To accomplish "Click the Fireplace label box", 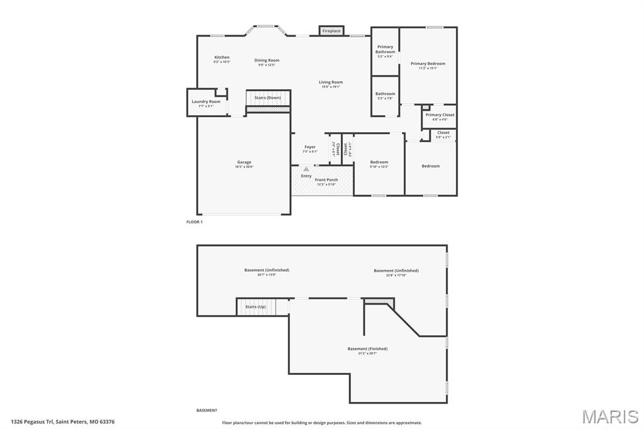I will click(x=331, y=31).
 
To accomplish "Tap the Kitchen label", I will click(x=221, y=57).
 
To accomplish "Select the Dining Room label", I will click(x=267, y=60).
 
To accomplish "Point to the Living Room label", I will click(x=331, y=82).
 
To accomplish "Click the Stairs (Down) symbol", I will click(x=268, y=98).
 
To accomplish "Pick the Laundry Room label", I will click(x=206, y=101).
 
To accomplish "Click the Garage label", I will click(x=244, y=162).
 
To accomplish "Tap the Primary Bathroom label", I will click(x=385, y=49).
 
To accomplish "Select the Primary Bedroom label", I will click(x=428, y=64).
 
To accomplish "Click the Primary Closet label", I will click(x=440, y=115).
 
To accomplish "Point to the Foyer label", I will click(x=310, y=147).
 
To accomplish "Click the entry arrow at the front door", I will click(x=306, y=169).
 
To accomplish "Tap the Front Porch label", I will click(x=326, y=180).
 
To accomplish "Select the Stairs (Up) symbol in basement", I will click(x=255, y=307).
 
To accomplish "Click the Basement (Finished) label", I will click(x=367, y=348).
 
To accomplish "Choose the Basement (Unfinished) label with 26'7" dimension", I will click(x=267, y=270).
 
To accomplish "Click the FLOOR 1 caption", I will click(x=194, y=222).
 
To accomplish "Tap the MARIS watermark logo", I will click(x=610, y=416).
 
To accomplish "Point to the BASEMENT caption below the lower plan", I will click(x=207, y=410).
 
